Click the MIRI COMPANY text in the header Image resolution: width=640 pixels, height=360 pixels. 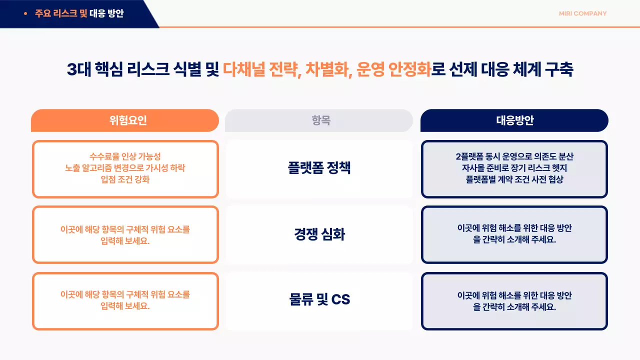click(x=582, y=13)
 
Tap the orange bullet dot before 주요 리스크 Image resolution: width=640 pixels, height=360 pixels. click(x=25, y=13)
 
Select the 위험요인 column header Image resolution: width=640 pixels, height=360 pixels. click(x=125, y=120)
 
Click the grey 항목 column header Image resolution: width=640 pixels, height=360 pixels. click(x=319, y=120)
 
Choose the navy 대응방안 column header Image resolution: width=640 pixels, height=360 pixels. click(x=514, y=120)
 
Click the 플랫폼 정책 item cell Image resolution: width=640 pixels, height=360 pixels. click(x=319, y=167)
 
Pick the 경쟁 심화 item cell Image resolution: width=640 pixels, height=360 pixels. click(x=319, y=234)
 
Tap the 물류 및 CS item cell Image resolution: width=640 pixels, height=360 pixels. click(x=319, y=299)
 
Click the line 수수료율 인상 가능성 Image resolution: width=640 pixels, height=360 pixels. click(x=125, y=156)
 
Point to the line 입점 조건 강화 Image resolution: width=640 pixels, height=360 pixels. click(x=125, y=179)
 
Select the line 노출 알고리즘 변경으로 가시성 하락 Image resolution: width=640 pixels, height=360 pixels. click(x=125, y=168)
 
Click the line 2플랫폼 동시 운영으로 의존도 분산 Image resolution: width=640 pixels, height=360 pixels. click(x=514, y=156)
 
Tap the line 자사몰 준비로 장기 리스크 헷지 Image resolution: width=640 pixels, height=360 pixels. click(x=514, y=168)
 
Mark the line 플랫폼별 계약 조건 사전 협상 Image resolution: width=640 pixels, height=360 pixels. click(x=514, y=179)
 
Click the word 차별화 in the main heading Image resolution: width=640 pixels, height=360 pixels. click(x=328, y=69)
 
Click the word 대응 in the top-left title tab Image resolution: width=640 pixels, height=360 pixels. click(x=97, y=13)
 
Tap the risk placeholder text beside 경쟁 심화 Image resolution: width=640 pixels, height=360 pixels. click(x=125, y=234)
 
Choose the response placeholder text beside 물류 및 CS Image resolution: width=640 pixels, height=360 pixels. click(x=514, y=301)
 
